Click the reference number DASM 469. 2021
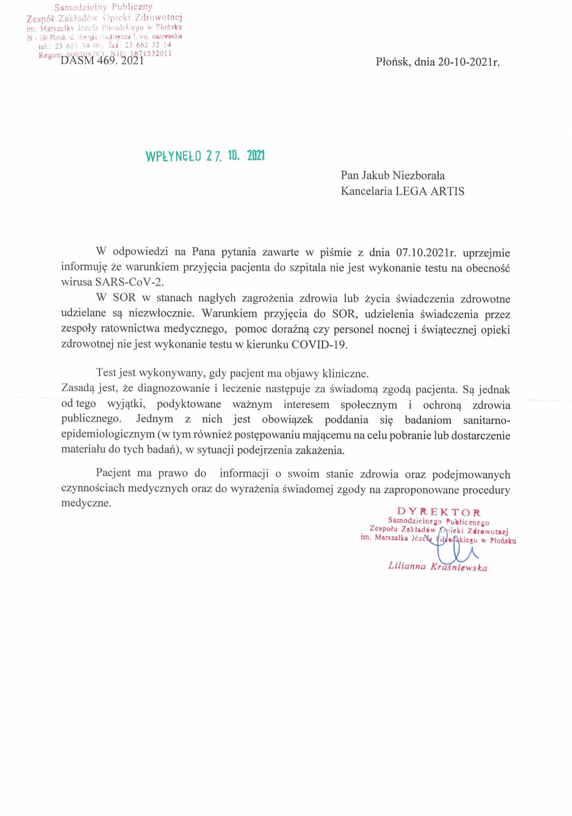[x=102, y=61]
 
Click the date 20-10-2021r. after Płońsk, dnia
[x=469, y=62]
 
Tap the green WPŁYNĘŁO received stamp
[x=206, y=156]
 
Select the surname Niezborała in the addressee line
[x=418, y=175]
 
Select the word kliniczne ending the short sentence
[x=345, y=373]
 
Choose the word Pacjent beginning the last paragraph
[x=113, y=473]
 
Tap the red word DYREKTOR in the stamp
[x=439, y=512]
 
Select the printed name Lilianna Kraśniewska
[x=438, y=567]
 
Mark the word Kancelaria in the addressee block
[x=366, y=191]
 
